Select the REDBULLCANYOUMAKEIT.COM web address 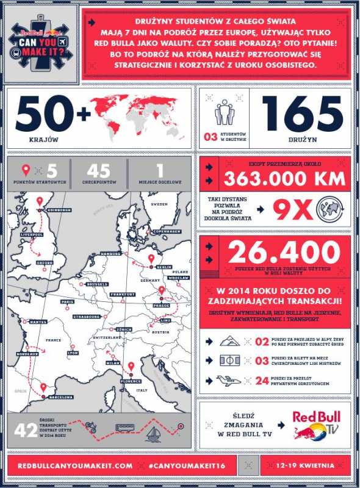click(76, 466)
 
